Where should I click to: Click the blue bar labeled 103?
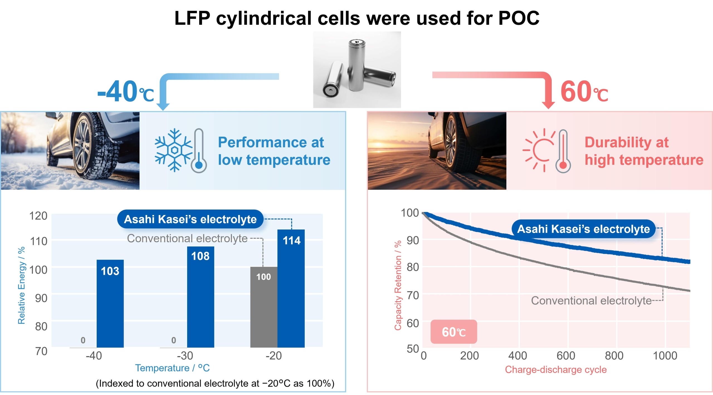[x=110, y=303]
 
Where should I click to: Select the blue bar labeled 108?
[x=201, y=297]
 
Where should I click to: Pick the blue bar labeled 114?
[x=291, y=288]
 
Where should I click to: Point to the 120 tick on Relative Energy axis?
[x=38, y=216]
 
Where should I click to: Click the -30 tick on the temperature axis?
[x=185, y=356]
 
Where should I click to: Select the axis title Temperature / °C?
[x=172, y=368]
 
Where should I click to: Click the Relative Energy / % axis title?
[x=21, y=285]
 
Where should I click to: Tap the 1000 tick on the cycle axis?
[x=665, y=356]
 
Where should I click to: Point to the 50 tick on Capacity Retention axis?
[x=413, y=349]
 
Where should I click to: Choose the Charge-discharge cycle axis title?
[x=556, y=370]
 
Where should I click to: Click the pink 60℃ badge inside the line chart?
[x=454, y=332]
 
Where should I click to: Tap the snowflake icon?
[x=174, y=150]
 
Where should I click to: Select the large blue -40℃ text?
[x=126, y=92]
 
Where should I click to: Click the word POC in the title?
[x=519, y=18]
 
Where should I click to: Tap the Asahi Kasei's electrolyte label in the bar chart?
[x=190, y=219]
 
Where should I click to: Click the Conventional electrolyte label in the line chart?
[x=591, y=301]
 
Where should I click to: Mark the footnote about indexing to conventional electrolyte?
[x=215, y=384]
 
